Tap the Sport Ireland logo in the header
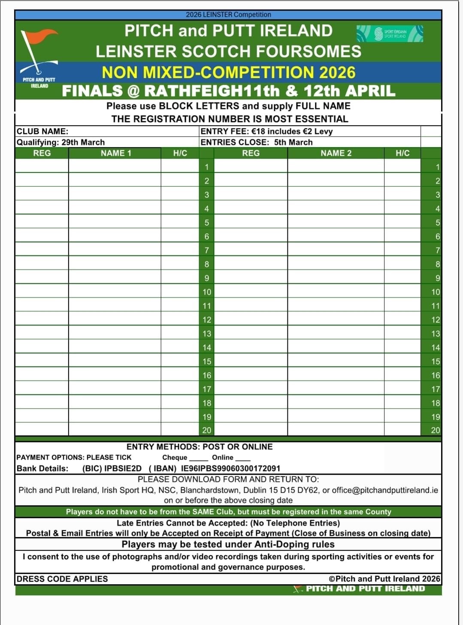[x=390, y=33]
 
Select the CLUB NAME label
[x=42, y=131]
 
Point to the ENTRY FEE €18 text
[x=266, y=131]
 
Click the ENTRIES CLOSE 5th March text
[x=257, y=142]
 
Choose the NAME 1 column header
[x=116, y=153]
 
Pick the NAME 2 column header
[x=336, y=153]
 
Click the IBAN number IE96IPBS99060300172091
[x=230, y=468]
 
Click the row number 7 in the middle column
[x=207, y=250]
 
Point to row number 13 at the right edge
[x=436, y=334]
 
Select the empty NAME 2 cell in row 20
[x=336, y=430]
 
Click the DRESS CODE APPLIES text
[x=62, y=579]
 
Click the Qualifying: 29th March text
[x=61, y=142]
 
